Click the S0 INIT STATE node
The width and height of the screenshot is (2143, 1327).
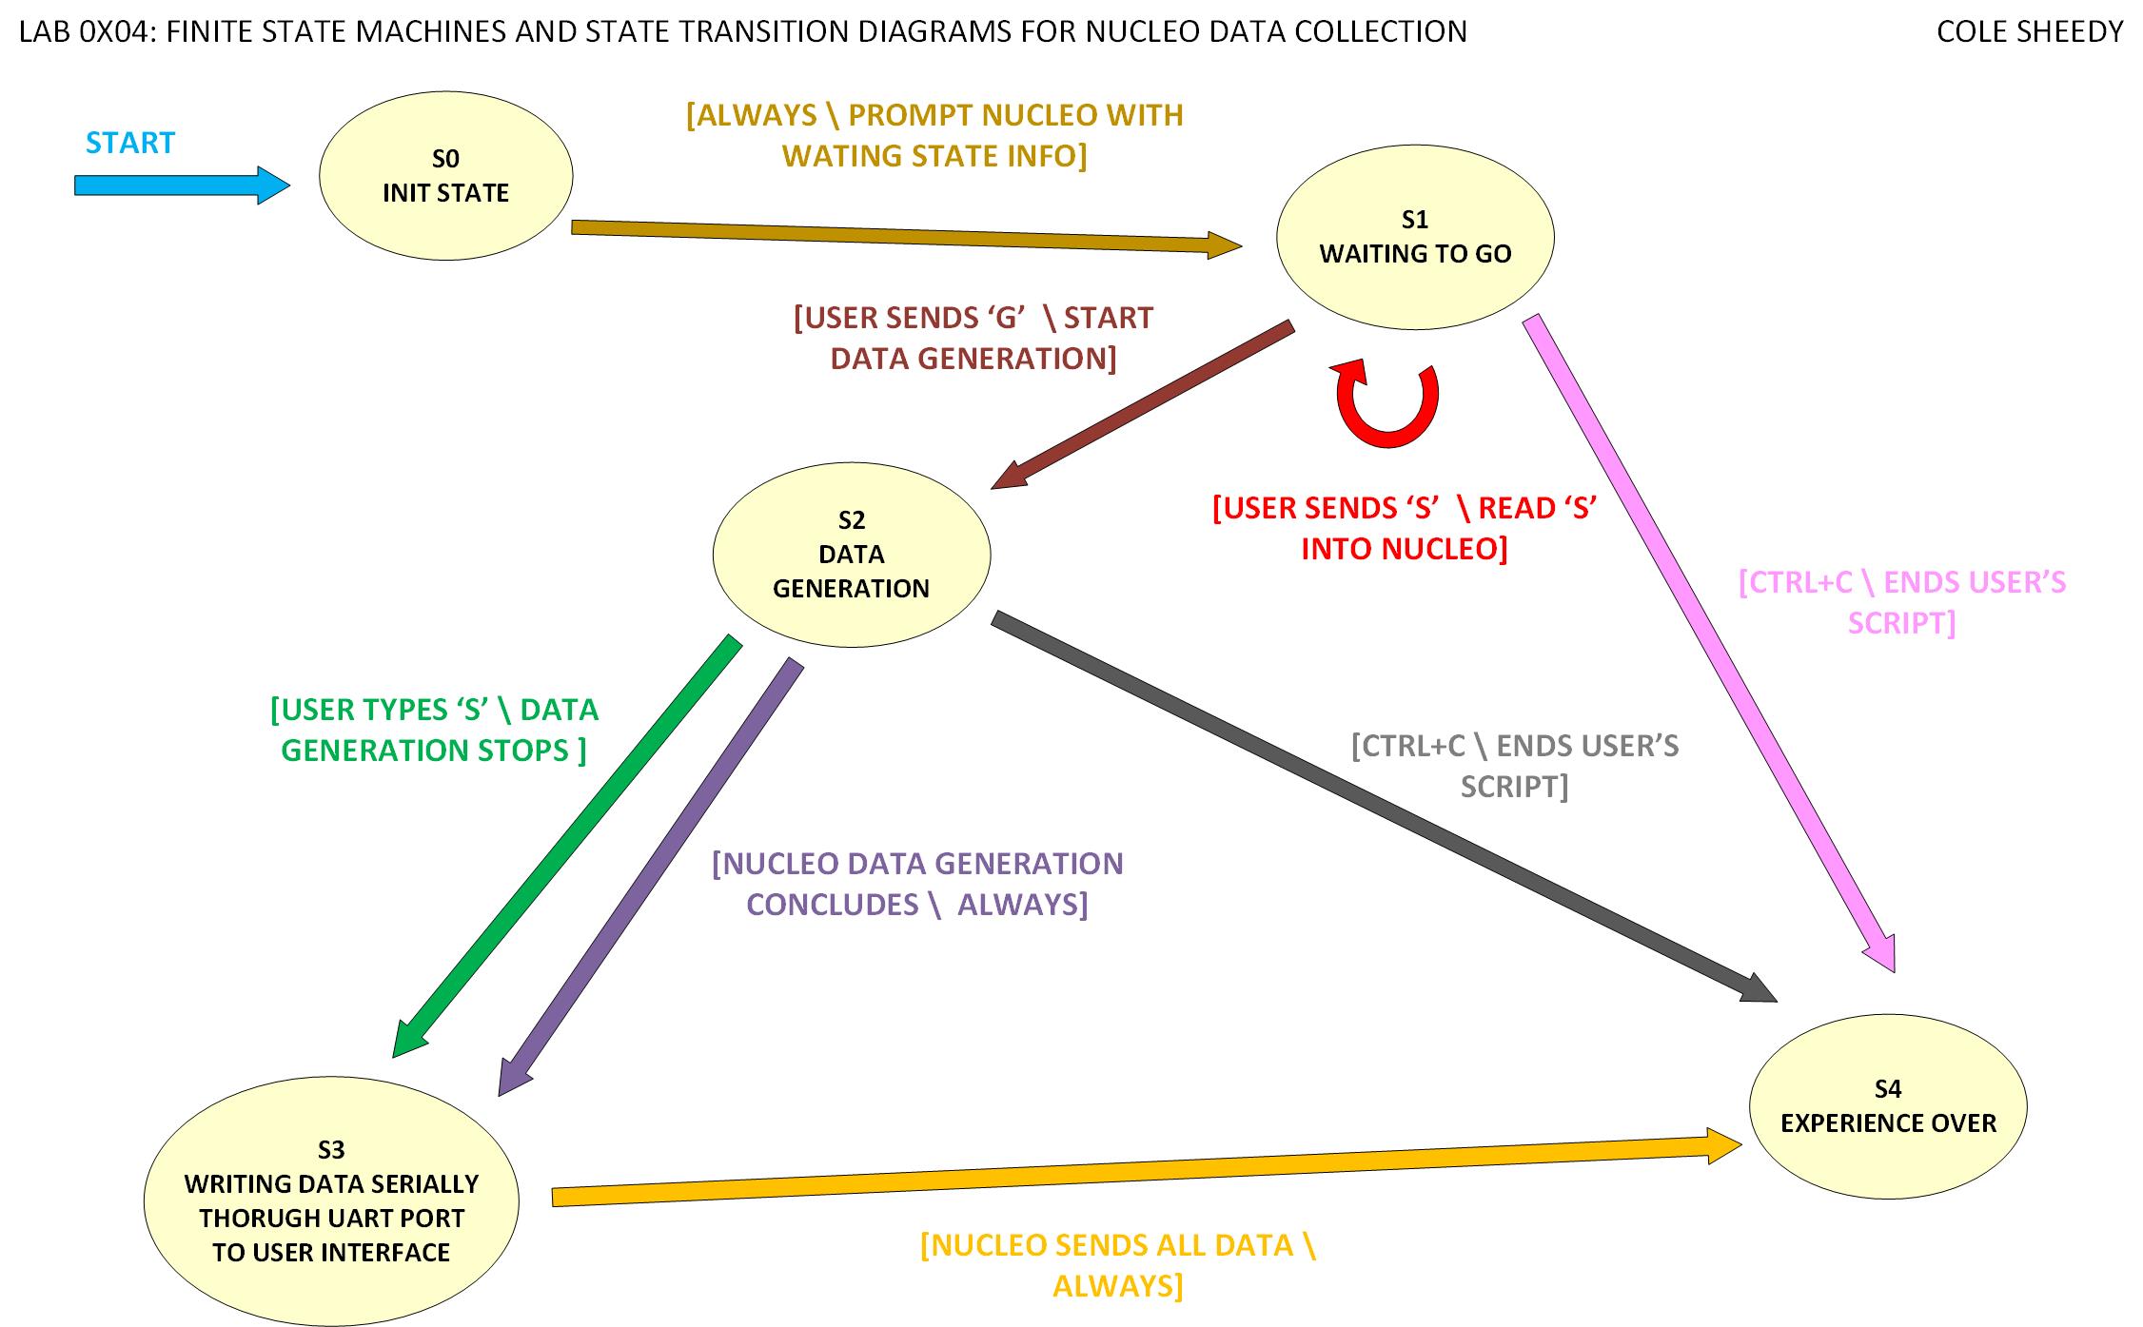click(x=445, y=176)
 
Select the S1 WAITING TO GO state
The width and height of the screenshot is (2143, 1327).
click(x=1414, y=237)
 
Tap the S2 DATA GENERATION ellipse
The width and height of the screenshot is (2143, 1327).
click(x=851, y=555)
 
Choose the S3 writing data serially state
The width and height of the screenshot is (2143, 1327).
click(x=331, y=1200)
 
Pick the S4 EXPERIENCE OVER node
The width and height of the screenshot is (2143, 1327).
click(x=1887, y=1106)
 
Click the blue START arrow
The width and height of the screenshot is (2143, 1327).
click(x=181, y=185)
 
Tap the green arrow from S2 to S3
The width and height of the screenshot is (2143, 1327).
click(x=567, y=846)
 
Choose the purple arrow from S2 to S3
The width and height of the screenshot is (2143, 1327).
click(x=651, y=876)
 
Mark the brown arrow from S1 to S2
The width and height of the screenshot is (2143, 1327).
click(x=1143, y=404)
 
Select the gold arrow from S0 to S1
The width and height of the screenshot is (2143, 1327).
click(x=904, y=236)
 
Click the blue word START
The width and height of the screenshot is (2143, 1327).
click(x=130, y=143)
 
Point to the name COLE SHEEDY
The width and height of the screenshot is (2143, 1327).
click(x=2029, y=31)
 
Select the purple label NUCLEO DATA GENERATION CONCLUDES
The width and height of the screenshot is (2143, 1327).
click(x=917, y=883)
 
